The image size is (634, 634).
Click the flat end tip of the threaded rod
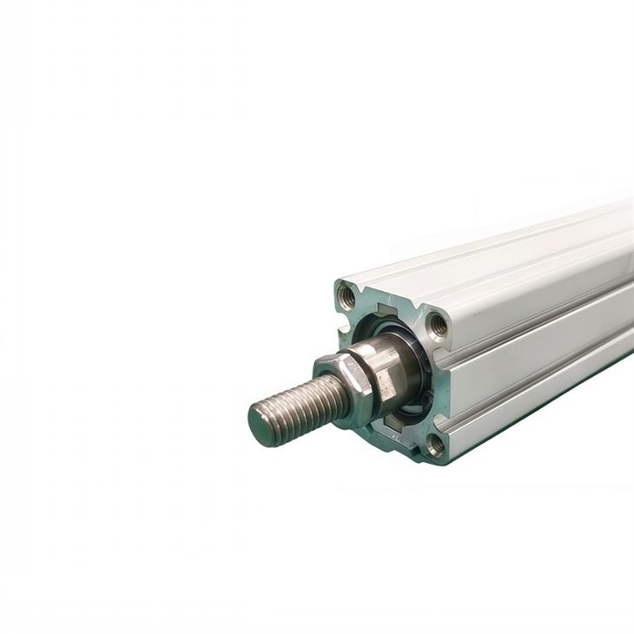coord(260,425)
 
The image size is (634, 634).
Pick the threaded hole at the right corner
coord(438,327)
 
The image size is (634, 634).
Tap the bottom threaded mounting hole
coord(434,445)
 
